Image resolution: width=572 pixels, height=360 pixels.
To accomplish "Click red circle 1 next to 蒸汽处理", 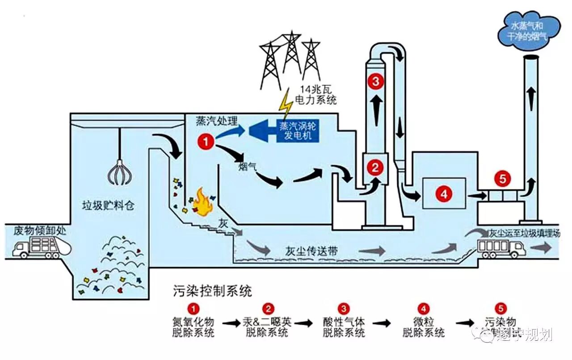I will (206, 142).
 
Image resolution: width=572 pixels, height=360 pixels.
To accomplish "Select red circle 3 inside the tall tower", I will (375, 81).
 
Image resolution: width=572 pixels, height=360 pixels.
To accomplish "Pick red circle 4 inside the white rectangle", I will (444, 193).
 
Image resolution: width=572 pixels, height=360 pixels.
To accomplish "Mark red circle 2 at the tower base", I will (375, 167).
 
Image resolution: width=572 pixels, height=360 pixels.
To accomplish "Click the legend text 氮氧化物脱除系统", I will (193, 327).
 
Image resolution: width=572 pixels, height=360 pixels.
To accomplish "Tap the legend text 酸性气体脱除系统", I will (343, 327).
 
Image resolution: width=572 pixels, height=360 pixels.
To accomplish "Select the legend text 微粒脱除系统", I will (423, 327).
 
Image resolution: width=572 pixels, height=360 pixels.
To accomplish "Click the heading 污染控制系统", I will (212, 292).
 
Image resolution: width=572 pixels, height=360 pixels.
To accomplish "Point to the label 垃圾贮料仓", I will (108, 206).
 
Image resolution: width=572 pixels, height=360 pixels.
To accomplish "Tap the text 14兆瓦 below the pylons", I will (316, 90).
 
